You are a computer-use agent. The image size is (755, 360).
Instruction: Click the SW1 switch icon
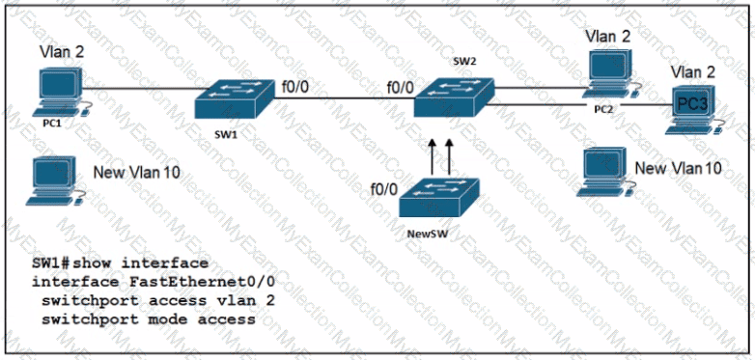tap(235, 99)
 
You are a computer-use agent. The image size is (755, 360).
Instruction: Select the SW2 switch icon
tap(454, 97)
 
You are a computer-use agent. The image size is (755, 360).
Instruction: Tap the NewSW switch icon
tap(439, 198)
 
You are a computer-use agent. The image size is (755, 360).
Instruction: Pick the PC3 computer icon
tap(693, 110)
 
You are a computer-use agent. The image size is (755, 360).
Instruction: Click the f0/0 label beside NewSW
tap(384, 189)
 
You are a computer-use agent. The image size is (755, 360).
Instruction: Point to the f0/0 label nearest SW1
tap(296, 87)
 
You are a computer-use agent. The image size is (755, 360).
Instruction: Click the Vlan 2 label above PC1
tap(61, 52)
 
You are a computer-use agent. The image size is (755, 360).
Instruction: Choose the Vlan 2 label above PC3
tap(693, 72)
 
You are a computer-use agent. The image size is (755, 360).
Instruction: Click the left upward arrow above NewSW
tap(433, 156)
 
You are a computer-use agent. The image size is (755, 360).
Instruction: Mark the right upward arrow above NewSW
tap(450, 156)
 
